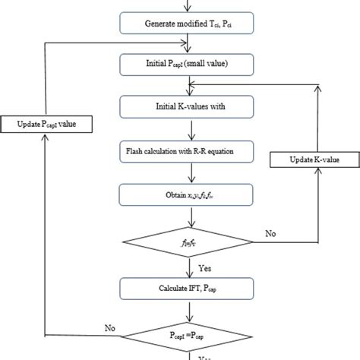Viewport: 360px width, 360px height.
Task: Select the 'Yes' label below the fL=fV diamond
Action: point(204,268)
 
